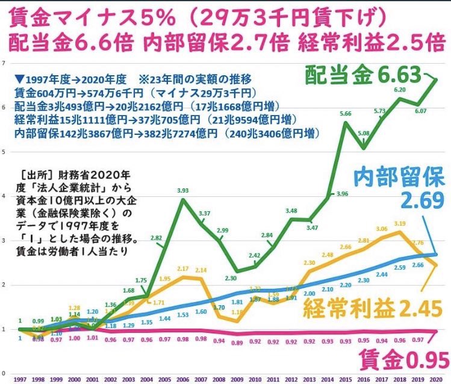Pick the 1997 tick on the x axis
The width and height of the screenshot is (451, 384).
pos(19,378)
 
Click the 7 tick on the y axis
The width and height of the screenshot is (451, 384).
pos(4,63)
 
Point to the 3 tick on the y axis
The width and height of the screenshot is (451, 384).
pos(4,241)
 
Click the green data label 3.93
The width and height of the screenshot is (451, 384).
pos(183,190)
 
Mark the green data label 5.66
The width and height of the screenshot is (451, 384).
pos(345,113)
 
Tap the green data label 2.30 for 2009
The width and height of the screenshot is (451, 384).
pos(231,279)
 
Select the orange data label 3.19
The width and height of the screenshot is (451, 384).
pos(399,223)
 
